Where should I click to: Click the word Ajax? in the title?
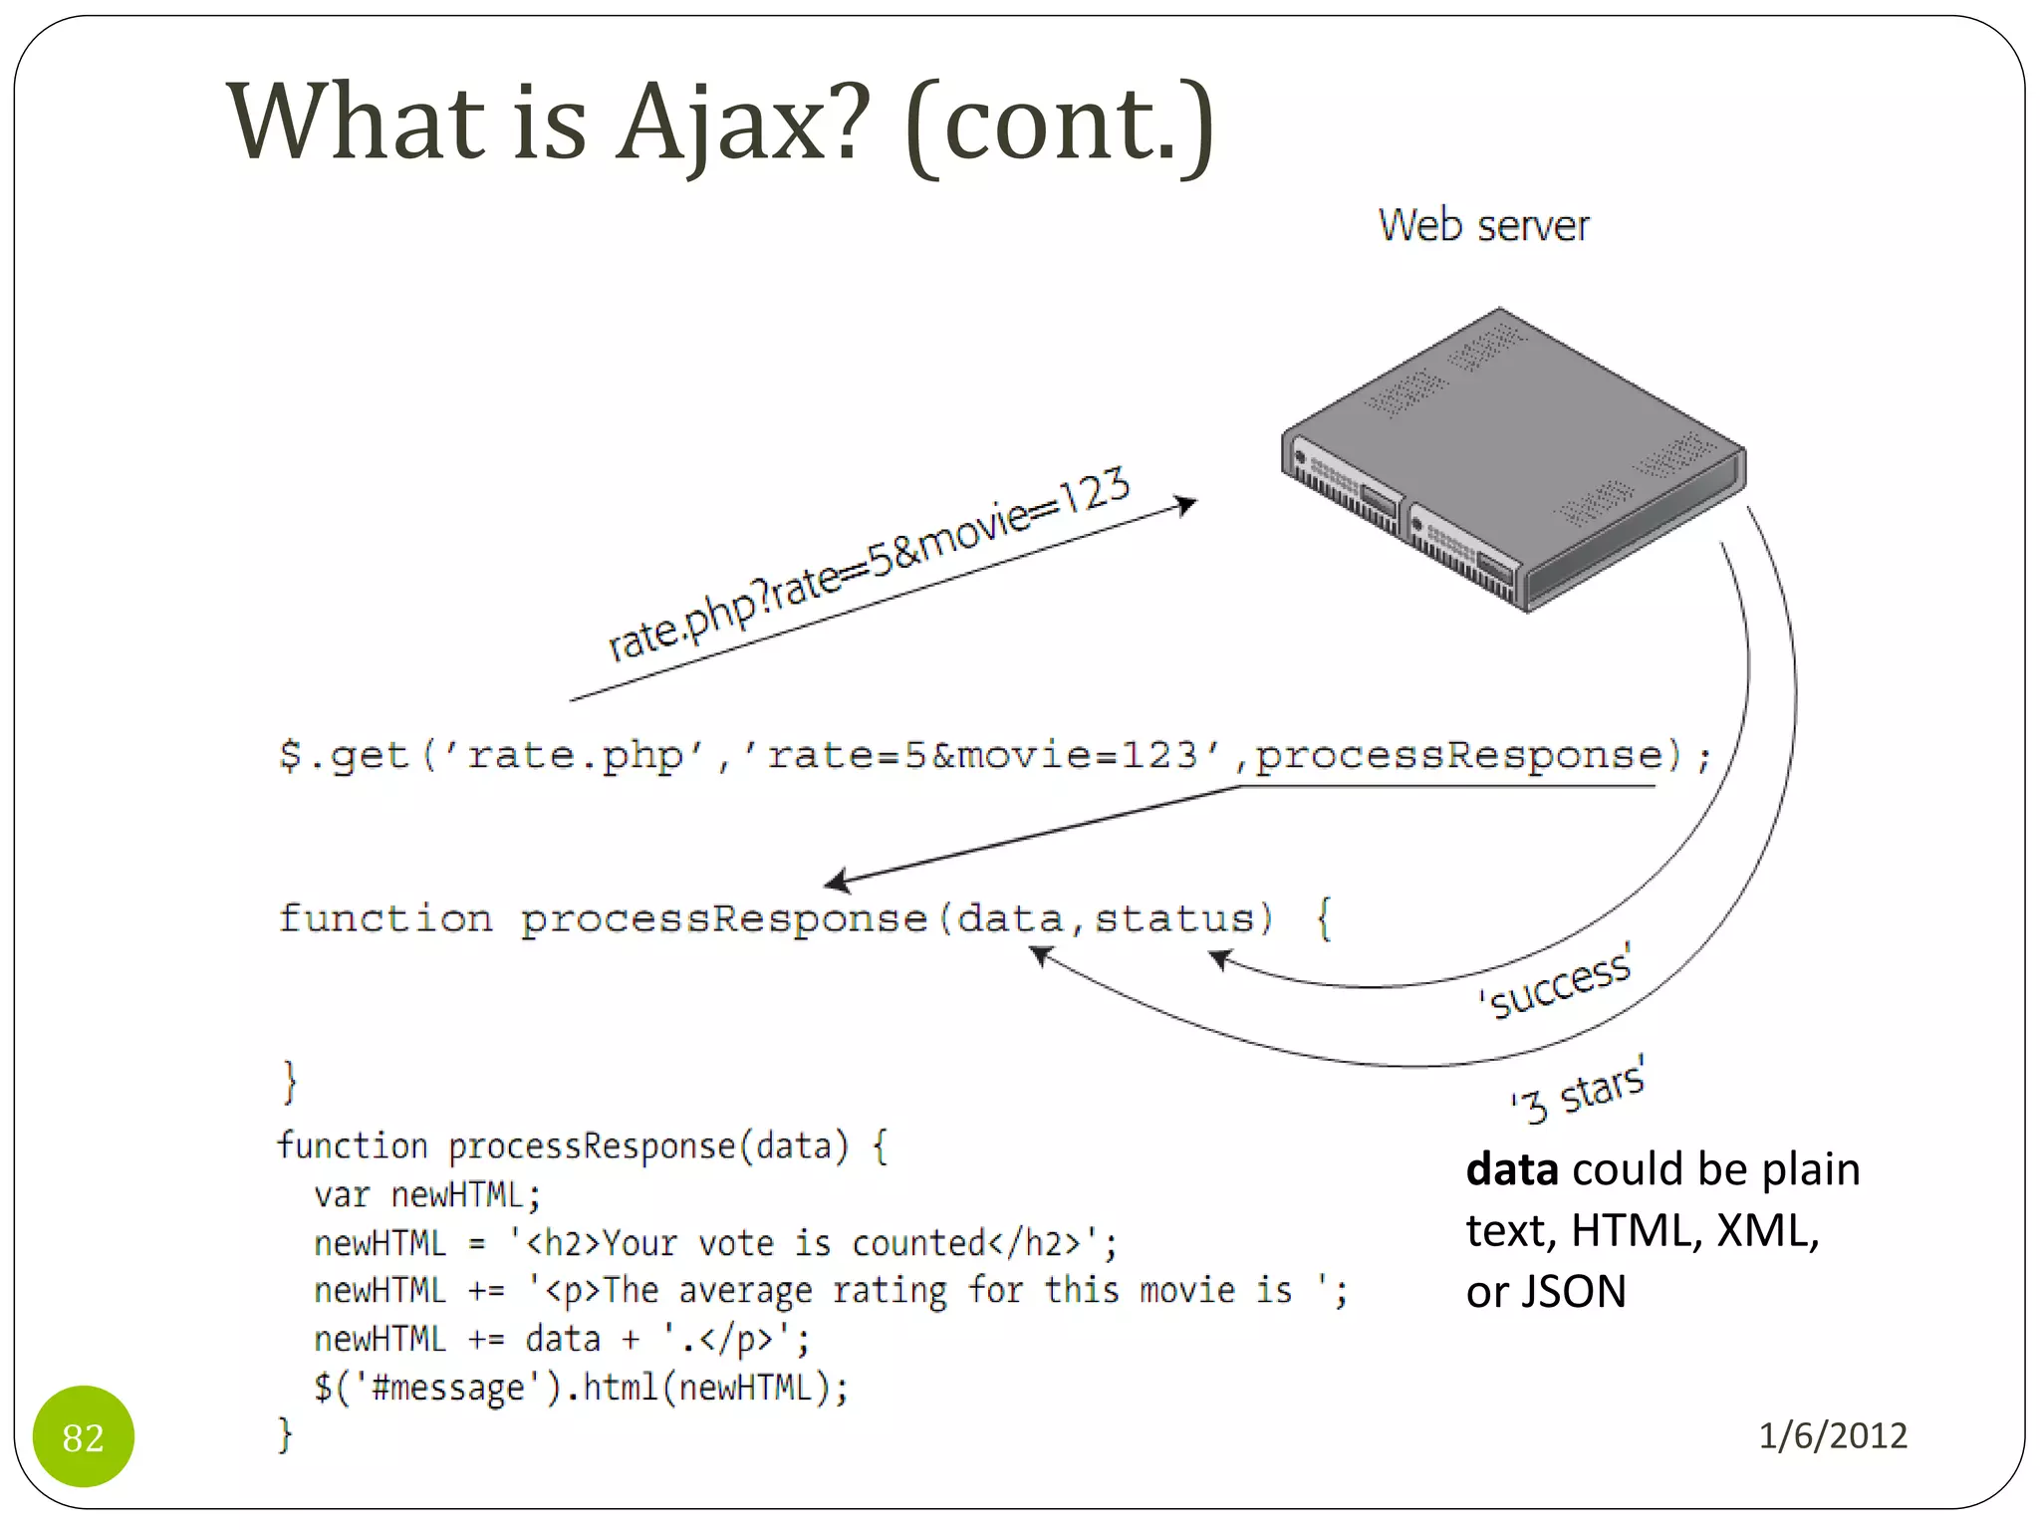pyautogui.click(x=742, y=122)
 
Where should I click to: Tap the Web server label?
pyautogui.click(x=1483, y=225)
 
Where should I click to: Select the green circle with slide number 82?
pyautogui.click(x=84, y=1435)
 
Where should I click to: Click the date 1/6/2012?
pyautogui.click(x=1832, y=1435)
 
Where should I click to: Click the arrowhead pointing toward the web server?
pyautogui.click(x=1185, y=504)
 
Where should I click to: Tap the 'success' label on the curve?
pyautogui.click(x=1556, y=983)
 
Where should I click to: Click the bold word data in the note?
pyautogui.click(x=1511, y=1169)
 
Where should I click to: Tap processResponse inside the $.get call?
pyautogui.click(x=1458, y=755)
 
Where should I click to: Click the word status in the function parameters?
pyautogui.click(x=1174, y=917)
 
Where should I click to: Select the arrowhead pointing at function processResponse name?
pyautogui.click(x=838, y=880)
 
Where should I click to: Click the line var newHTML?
pyautogui.click(x=427, y=1194)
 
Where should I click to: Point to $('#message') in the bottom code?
pyautogui.click(x=432, y=1388)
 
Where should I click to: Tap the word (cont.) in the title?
pyautogui.click(x=1060, y=124)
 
